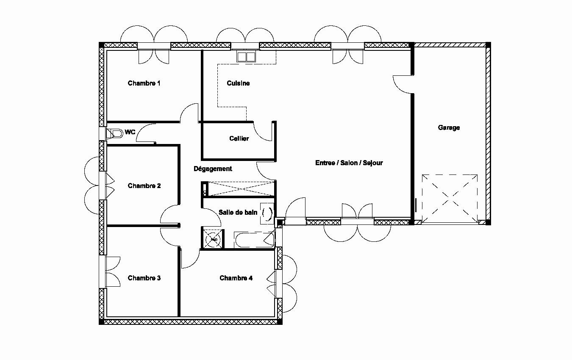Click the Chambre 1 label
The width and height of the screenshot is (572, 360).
click(144, 83)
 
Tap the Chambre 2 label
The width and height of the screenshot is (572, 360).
click(144, 186)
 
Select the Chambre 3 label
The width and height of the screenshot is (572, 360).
click(144, 278)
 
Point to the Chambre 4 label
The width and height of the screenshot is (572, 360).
click(236, 278)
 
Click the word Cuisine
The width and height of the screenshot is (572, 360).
click(238, 83)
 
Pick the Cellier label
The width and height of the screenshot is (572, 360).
click(239, 138)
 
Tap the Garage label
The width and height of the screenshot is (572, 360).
click(449, 127)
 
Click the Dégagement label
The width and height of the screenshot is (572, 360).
click(213, 169)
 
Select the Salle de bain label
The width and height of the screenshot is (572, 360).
click(238, 213)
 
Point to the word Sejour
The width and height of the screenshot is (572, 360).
click(373, 163)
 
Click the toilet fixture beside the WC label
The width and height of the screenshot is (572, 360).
click(114, 133)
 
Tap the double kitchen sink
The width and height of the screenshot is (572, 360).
click(246, 57)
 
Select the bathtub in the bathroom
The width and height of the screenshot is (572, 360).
click(254, 240)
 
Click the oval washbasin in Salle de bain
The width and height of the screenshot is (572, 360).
click(267, 214)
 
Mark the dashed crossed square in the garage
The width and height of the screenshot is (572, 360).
click(450, 198)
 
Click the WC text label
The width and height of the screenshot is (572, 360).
click(130, 132)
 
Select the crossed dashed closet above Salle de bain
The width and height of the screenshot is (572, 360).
click(242, 189)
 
